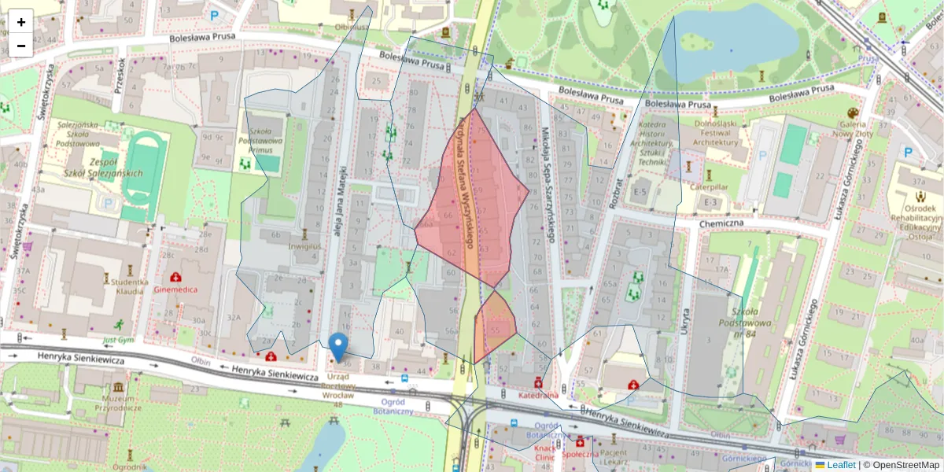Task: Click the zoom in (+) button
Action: click(21, 22)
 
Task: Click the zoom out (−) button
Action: click(21, 46)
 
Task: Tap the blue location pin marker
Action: click(339, 347)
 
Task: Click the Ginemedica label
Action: click(175, 289)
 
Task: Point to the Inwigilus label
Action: click(304, 246)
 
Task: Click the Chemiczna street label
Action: click(721, 223)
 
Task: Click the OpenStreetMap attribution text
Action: click(902, 465)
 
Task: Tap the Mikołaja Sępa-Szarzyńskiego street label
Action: click(549, 184)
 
